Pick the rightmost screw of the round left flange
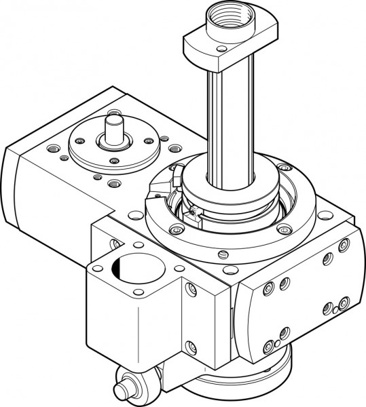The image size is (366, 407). pyautogui.click(x=147, y=140)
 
